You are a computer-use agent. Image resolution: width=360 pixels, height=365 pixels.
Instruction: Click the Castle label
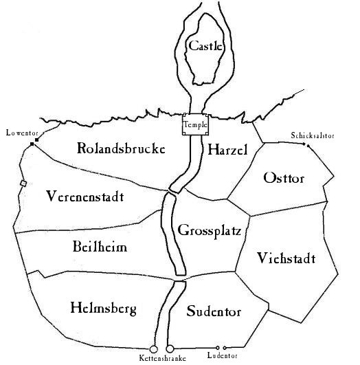pos(205,45)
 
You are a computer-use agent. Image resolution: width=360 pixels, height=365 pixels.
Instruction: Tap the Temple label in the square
pos(196,125)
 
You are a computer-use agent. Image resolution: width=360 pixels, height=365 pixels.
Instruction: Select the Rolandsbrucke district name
pos(121,148)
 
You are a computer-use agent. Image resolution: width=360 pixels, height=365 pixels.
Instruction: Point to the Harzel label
pos(227,149)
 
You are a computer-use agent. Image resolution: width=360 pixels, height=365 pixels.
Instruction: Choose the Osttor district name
pos(284,178)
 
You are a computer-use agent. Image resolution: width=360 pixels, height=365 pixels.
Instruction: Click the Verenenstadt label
pos(85,196)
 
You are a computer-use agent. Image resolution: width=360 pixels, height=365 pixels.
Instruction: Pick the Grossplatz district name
pos(210,231)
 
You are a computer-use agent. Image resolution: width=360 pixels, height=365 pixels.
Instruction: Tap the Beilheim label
pos(100,246)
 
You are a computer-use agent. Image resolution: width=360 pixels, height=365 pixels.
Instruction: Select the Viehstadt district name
pos(286,258)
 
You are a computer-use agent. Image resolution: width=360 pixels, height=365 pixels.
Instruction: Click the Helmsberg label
pos(104,309)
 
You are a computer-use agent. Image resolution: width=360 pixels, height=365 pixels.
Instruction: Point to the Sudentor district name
pos(214,311)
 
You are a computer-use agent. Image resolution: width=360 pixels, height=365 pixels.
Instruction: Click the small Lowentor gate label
pos(22,133)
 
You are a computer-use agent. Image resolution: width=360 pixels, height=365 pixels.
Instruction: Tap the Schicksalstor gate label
pos(313,135)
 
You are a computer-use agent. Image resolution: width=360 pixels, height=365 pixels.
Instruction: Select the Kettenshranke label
pos(163,358)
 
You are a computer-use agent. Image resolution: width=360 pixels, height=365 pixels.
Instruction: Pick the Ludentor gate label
pos(222,355)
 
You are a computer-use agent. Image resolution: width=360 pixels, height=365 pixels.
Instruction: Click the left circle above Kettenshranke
pos(153,349)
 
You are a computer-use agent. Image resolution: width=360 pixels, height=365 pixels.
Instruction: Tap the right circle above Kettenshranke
pos(170,349)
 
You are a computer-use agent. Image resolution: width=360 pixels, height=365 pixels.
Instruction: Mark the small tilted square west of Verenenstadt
pos(23,184)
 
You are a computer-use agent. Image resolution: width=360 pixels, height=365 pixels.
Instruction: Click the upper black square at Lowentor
pos(36,140)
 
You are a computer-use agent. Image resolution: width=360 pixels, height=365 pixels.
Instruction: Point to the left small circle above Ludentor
pos(217,348)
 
